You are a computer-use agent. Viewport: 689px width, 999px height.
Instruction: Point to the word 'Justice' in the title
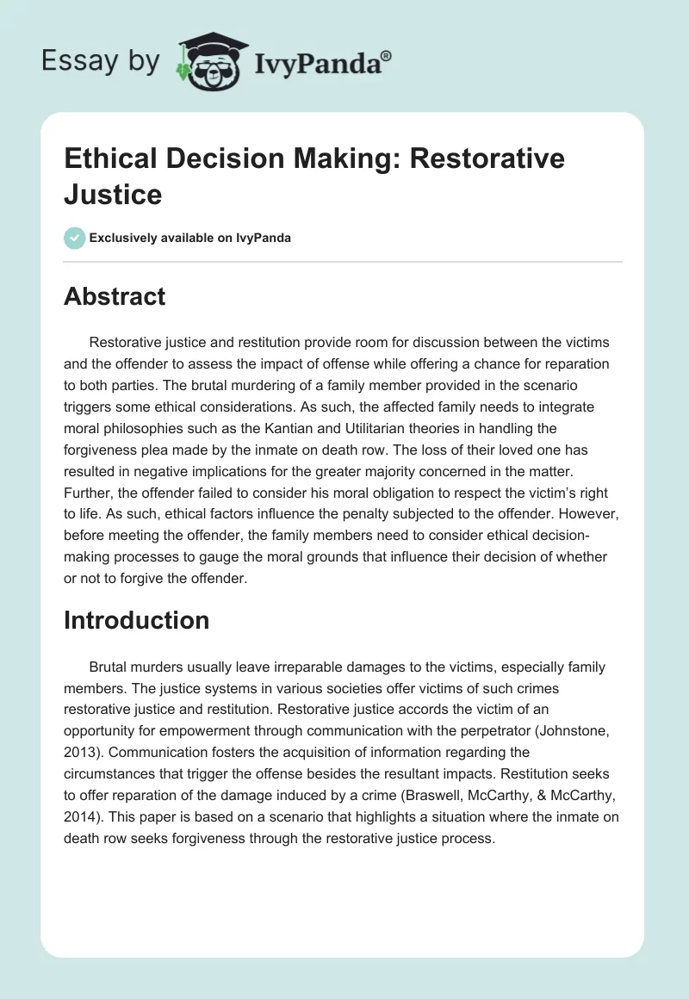point(113,194)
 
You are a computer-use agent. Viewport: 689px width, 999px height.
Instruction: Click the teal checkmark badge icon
point(75,238)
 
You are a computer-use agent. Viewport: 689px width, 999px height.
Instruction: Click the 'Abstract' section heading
point(115,296)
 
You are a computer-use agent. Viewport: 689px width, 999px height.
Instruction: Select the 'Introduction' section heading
point(136,620)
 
